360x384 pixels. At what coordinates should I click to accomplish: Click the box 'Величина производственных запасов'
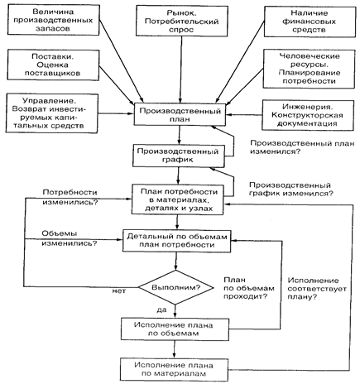[x=53, y=20]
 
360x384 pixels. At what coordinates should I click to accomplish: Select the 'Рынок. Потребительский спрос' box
[x=181, y=21]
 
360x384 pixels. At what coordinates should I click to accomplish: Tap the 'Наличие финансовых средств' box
[x=310, y=22]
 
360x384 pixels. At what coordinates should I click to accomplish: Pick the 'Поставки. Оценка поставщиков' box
[x=53, y=65]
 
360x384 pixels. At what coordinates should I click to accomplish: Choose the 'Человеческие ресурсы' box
[x=309, y=69]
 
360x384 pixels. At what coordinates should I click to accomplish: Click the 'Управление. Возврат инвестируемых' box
[x=52, y=113]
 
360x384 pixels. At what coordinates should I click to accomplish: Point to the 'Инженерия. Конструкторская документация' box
[x=308, y=115]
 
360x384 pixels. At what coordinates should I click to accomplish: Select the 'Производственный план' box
[x=180, y=114]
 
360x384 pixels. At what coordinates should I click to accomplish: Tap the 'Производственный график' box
[x=179, y=156]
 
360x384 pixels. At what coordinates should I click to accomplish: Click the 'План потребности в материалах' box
[x=177, y=199]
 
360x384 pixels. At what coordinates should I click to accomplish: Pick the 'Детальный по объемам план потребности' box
[x=176, y=241]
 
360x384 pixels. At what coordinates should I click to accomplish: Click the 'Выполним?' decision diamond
[x=175, y=287]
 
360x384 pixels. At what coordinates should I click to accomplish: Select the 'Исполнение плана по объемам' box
[x=175, y=329]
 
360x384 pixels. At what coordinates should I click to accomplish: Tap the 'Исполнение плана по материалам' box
[x=174, y=370]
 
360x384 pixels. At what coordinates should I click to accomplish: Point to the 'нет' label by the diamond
[x=119, y=291]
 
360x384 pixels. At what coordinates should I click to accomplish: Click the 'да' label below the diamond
[x=161, y=310]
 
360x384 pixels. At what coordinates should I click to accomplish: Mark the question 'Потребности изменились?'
[x=70, y=197]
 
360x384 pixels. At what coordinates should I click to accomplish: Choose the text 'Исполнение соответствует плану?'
[x=317, y=289]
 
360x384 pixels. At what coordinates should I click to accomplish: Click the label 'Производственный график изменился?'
[x=291, y=189]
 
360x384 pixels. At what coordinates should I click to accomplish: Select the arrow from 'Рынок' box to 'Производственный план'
[x=181, y=70]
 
